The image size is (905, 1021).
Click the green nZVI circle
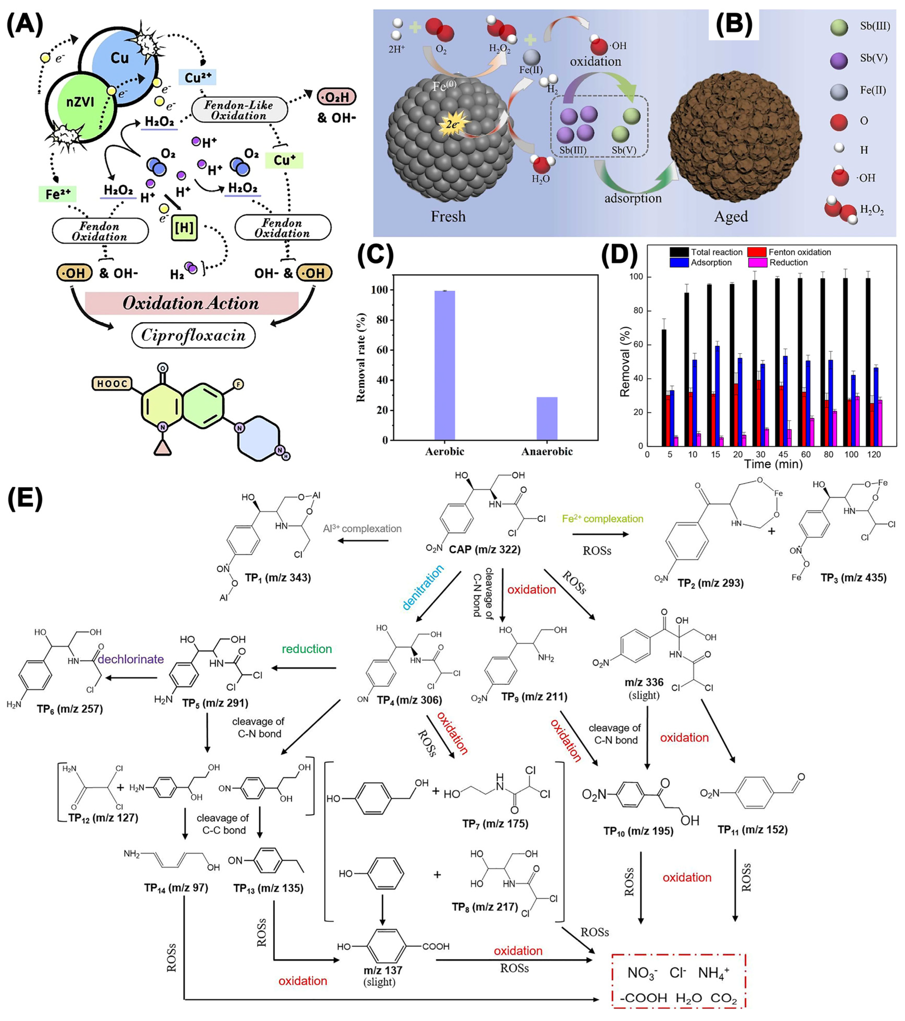point(80,105)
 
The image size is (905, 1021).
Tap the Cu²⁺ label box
point(197,77)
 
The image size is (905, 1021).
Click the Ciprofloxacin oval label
point(193,335)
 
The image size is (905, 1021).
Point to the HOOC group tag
point(112,384)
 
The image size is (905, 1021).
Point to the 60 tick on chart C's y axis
point(382,350)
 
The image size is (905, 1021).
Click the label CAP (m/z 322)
point(484,549)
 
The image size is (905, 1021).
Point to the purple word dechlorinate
point(131,659)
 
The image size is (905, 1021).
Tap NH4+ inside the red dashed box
point(713,973)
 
